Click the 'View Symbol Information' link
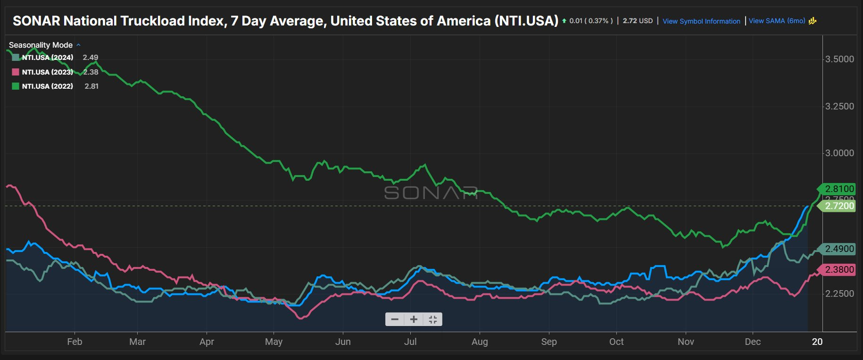tap(701, 21)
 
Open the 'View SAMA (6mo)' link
tap(777, 21)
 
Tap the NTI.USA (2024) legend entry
tap(47, 58)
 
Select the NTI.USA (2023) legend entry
tap(47, 72)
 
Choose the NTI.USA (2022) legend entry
tap(47, 86)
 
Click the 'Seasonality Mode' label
tap(41, 45)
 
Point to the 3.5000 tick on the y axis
tap(839, 59)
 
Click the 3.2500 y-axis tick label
tap(839, 106)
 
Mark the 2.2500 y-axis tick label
tap(839, 293)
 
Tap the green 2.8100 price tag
tap(839, 189)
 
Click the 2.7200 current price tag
tap(839, 206)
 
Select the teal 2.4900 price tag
tap(839, 249)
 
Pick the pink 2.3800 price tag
tap(839, 269)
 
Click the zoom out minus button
tap(395, 319)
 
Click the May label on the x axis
tap(274, 342)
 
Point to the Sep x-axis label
tap(549, 342)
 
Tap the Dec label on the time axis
tap(753, 342)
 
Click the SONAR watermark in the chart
tap(431, 193)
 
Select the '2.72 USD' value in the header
tap(638, 21)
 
